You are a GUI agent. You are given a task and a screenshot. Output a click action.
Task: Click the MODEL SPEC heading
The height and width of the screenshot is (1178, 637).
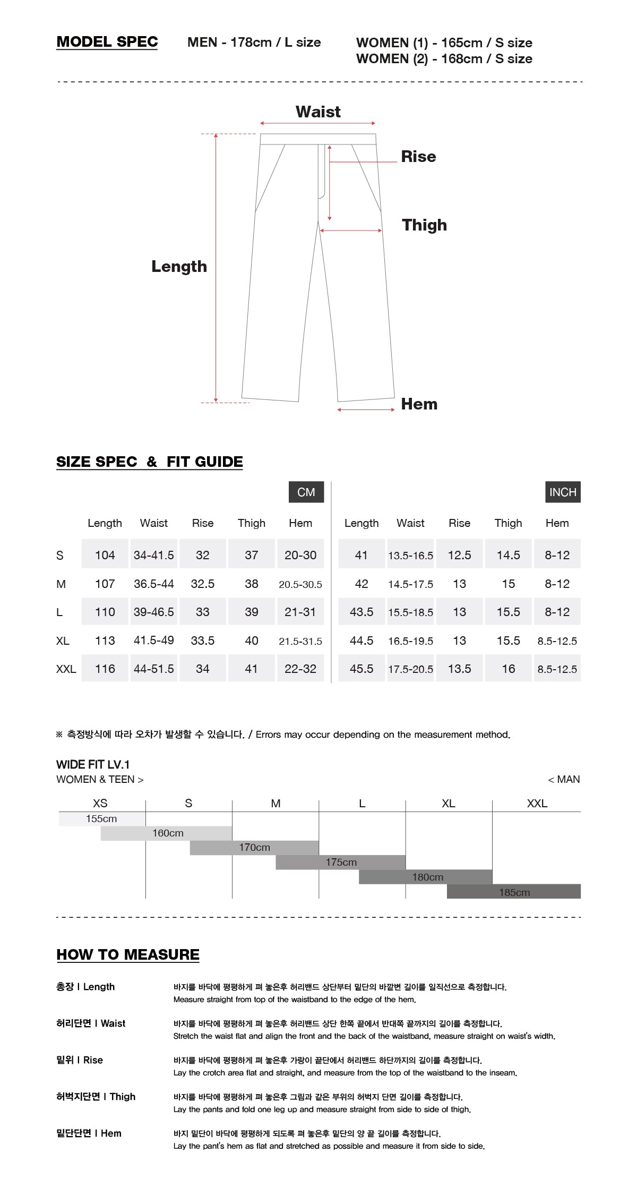(x=107, y=42)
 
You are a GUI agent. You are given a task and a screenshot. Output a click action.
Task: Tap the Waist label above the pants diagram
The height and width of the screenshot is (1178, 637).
(x=318, y=112)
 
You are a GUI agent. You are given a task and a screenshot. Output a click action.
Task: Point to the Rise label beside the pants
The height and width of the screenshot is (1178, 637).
(x=418, y=156)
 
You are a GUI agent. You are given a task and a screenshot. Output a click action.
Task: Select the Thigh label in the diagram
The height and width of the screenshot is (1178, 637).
(x=424, y=225)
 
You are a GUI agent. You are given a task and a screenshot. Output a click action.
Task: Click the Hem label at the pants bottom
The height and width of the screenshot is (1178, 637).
(x=419, y=404)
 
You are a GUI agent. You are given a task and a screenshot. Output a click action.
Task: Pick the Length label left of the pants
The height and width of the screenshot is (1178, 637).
(x=179, y=266)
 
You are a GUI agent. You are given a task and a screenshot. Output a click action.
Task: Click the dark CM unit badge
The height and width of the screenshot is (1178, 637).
(x=306, y=492)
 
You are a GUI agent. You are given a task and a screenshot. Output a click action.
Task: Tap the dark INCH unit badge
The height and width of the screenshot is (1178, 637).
(x=562, y=492)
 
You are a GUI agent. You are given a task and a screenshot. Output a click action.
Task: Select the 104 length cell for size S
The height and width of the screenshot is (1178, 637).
(x=105, y=555)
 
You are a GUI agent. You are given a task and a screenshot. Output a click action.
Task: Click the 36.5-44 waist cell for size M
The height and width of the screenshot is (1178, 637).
(x=153, y=584)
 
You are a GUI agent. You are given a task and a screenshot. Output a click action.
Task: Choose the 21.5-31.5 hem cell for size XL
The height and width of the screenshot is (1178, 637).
(x=300, y=641)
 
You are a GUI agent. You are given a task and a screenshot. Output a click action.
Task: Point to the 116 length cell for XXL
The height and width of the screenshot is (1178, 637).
(x=105, y=669)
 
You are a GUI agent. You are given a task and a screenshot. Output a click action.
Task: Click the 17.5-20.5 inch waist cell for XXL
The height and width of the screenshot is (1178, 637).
(x=410, y=669)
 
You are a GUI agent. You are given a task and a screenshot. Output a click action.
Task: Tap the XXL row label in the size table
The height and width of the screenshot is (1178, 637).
(x=66, y=669)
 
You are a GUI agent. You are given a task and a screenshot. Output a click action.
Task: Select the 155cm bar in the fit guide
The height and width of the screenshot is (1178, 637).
(x=102, y=818)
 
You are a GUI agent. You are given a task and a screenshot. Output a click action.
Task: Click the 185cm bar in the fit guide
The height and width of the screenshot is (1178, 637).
(x=514, y=892)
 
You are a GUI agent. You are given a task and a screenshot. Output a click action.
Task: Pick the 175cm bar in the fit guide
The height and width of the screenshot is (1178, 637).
(x=341, y=862)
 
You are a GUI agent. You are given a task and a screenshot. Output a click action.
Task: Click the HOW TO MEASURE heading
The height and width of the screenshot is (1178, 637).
(x=128, y=954)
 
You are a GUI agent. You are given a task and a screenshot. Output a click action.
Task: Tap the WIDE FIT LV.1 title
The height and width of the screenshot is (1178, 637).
(x=93, y=764)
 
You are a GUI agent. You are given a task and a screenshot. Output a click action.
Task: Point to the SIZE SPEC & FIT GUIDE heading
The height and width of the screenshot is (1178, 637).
(x=149, y=462)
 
